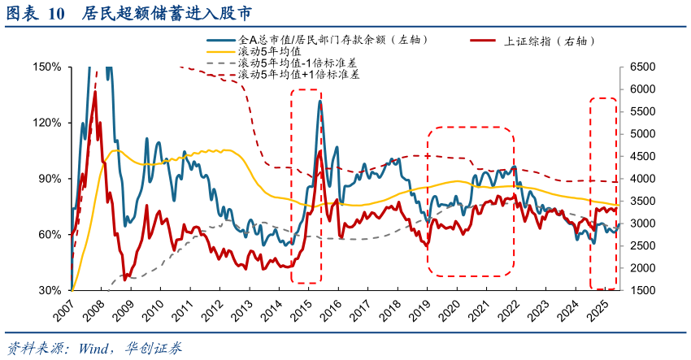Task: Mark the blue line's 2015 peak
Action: (x=320, y=101)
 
